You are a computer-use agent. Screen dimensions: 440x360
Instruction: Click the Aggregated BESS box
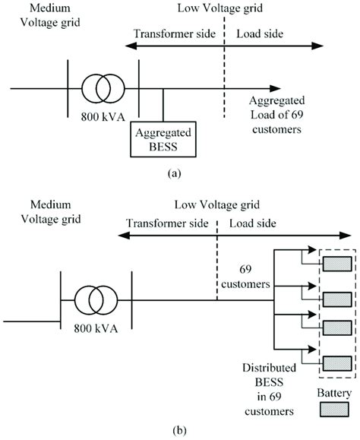(163, 138)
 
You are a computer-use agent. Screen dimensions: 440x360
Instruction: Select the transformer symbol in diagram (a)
(103, 89)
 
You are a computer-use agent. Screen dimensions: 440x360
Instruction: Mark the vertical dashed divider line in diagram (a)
(224, 76)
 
